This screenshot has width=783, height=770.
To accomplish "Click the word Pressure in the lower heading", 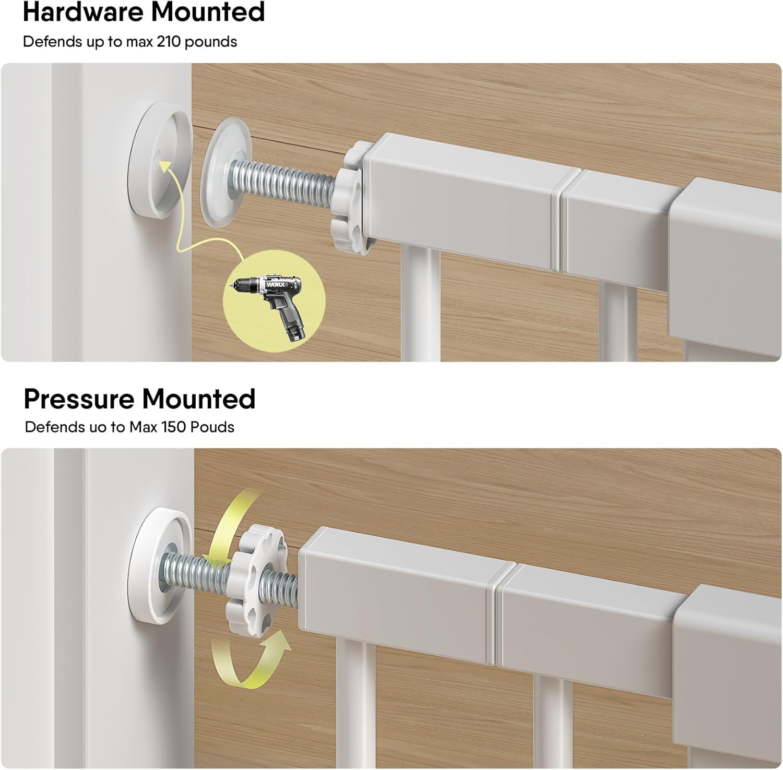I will click(x=79, y=399).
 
